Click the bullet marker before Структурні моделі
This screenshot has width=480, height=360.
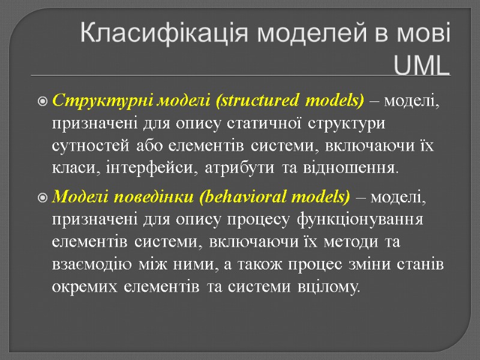click(43, 101)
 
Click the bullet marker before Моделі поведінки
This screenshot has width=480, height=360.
click(43, 197)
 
